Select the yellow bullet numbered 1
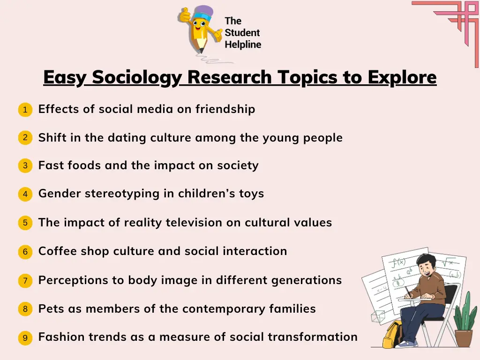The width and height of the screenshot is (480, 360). (x=25, y=110)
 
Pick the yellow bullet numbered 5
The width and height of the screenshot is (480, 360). (x=25, y=223)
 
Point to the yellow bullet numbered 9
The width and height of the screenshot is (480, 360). (x=25, y=337)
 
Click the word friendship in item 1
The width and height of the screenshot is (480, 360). (x=225, y=109)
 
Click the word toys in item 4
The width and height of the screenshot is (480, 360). (x=251, y=194)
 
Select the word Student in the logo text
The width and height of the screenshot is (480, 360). (x=242, y=33)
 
